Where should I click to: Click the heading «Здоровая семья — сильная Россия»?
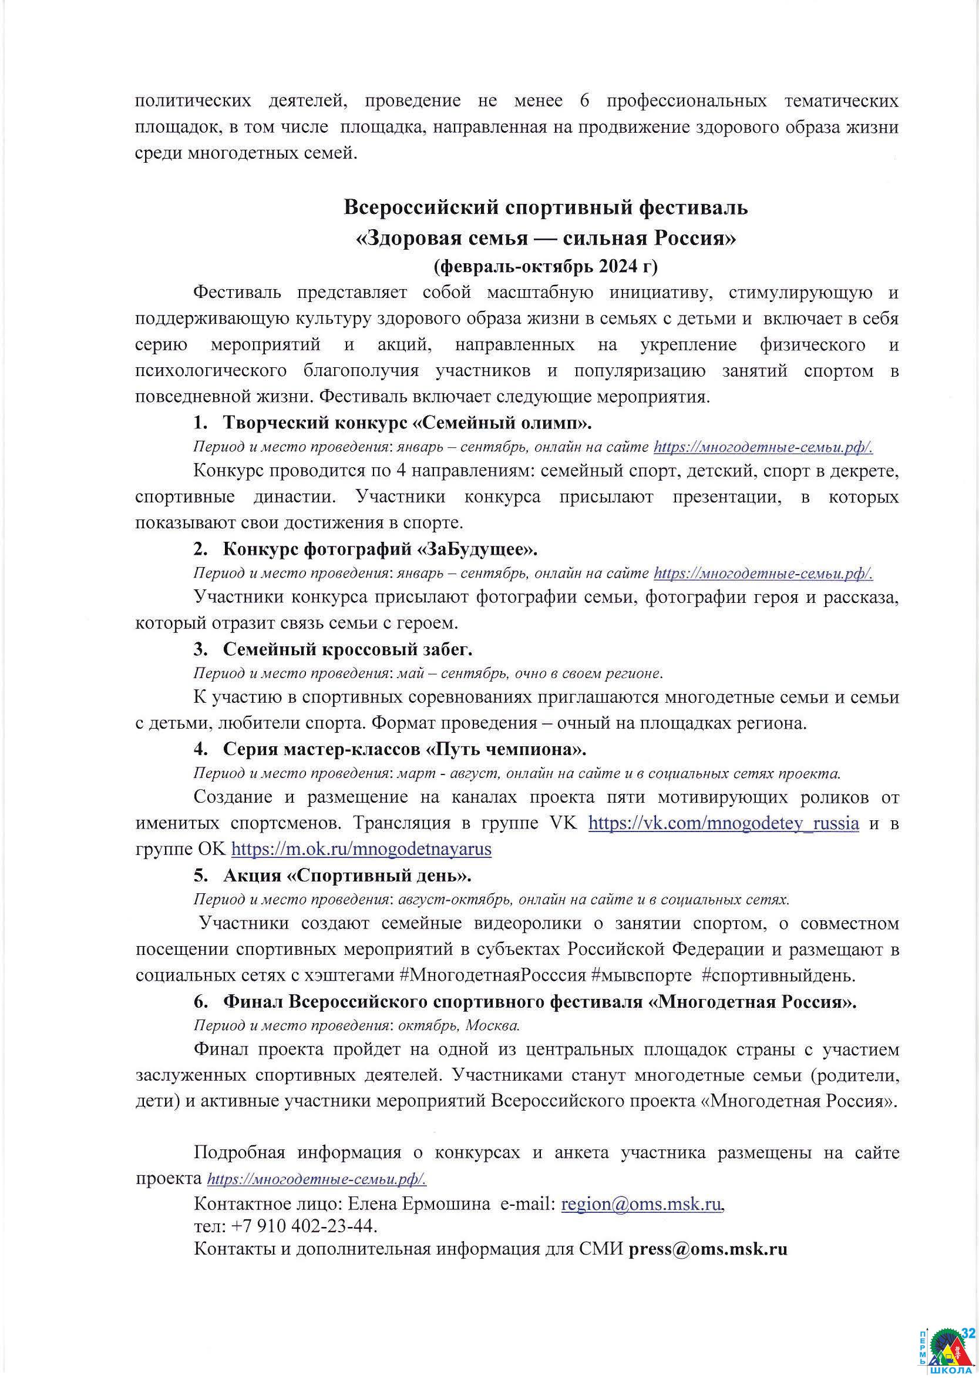tap(546, 239)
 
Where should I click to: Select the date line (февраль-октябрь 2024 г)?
tap(546, 266)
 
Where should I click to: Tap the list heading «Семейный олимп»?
tap(407, 423)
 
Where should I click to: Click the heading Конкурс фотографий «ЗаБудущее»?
tap(380, 549)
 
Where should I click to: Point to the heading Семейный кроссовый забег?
tap(347, 649)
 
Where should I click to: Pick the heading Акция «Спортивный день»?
tap(347, 875)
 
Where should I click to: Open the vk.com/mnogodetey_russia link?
tap(724, 823)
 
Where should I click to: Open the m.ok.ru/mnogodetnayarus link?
tap(361, 849)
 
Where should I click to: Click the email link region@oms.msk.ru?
tap(641, 1204)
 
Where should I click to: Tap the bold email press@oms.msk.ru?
tap(708, 1248)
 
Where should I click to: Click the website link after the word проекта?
tap(317, 1179)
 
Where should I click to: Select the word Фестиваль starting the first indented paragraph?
tap(237, 293)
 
